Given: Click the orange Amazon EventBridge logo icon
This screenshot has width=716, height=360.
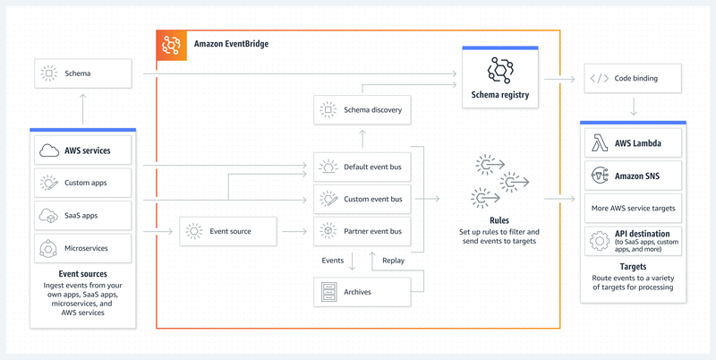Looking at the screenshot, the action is [x=171, y=45].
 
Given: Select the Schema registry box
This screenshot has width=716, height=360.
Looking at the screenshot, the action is [x=500, y=77].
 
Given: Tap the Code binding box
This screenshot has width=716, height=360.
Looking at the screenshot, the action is [x=633, y=78].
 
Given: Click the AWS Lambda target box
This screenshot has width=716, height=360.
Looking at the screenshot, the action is [x=633, y=143].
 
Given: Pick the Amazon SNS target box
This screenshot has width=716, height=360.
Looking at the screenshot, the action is [x=633, y=176].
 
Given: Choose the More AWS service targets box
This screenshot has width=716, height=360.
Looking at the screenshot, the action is [x=633, y=209].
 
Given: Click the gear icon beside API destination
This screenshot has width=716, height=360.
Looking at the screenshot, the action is [x=600, y=241].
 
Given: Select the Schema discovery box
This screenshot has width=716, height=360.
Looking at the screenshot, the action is [x=362, y=109].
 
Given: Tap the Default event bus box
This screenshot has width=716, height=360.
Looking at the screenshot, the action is [x=362, y=167].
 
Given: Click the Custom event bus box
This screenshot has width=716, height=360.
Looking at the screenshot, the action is [x=362, y=199].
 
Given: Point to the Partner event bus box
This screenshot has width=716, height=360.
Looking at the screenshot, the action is [x=362, y=231].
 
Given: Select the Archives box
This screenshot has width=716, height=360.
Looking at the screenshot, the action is [x=362, y=291].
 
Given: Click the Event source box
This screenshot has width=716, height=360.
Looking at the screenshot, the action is [x=228, y=231].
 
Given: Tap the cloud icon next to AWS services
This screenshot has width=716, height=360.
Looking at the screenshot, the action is [x=49, y=150].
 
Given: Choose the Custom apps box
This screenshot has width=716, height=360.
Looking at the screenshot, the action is [x=82, y=183].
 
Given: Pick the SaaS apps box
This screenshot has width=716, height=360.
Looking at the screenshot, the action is [x=82, y=216].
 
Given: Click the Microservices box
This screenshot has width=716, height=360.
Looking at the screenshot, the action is [x=82, y=249].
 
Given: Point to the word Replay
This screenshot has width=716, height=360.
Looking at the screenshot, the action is [x=393, y=261].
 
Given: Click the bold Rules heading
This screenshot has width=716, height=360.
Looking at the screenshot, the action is [x=499, y=220].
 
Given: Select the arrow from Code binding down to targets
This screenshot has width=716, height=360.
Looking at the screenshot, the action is [x=634, y=107].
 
